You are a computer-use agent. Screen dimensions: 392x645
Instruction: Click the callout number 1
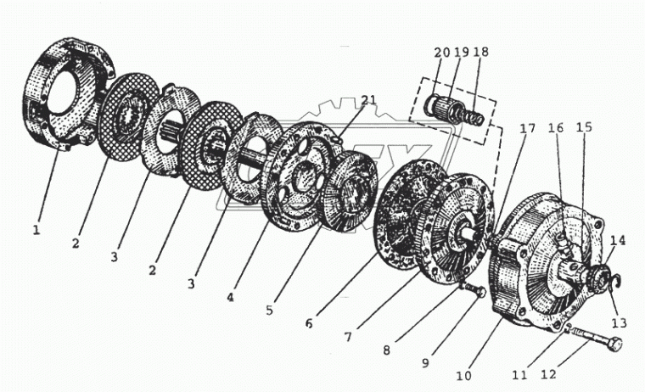[36, 228]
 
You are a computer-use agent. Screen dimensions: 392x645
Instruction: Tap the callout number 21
[367, 101]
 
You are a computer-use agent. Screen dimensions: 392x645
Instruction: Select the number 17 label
[528, 130]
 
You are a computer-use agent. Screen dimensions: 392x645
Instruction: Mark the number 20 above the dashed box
[441, 53]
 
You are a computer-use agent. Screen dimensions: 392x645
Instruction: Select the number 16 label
[557, 129]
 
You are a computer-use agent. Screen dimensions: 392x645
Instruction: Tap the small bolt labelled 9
[478, 293]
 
